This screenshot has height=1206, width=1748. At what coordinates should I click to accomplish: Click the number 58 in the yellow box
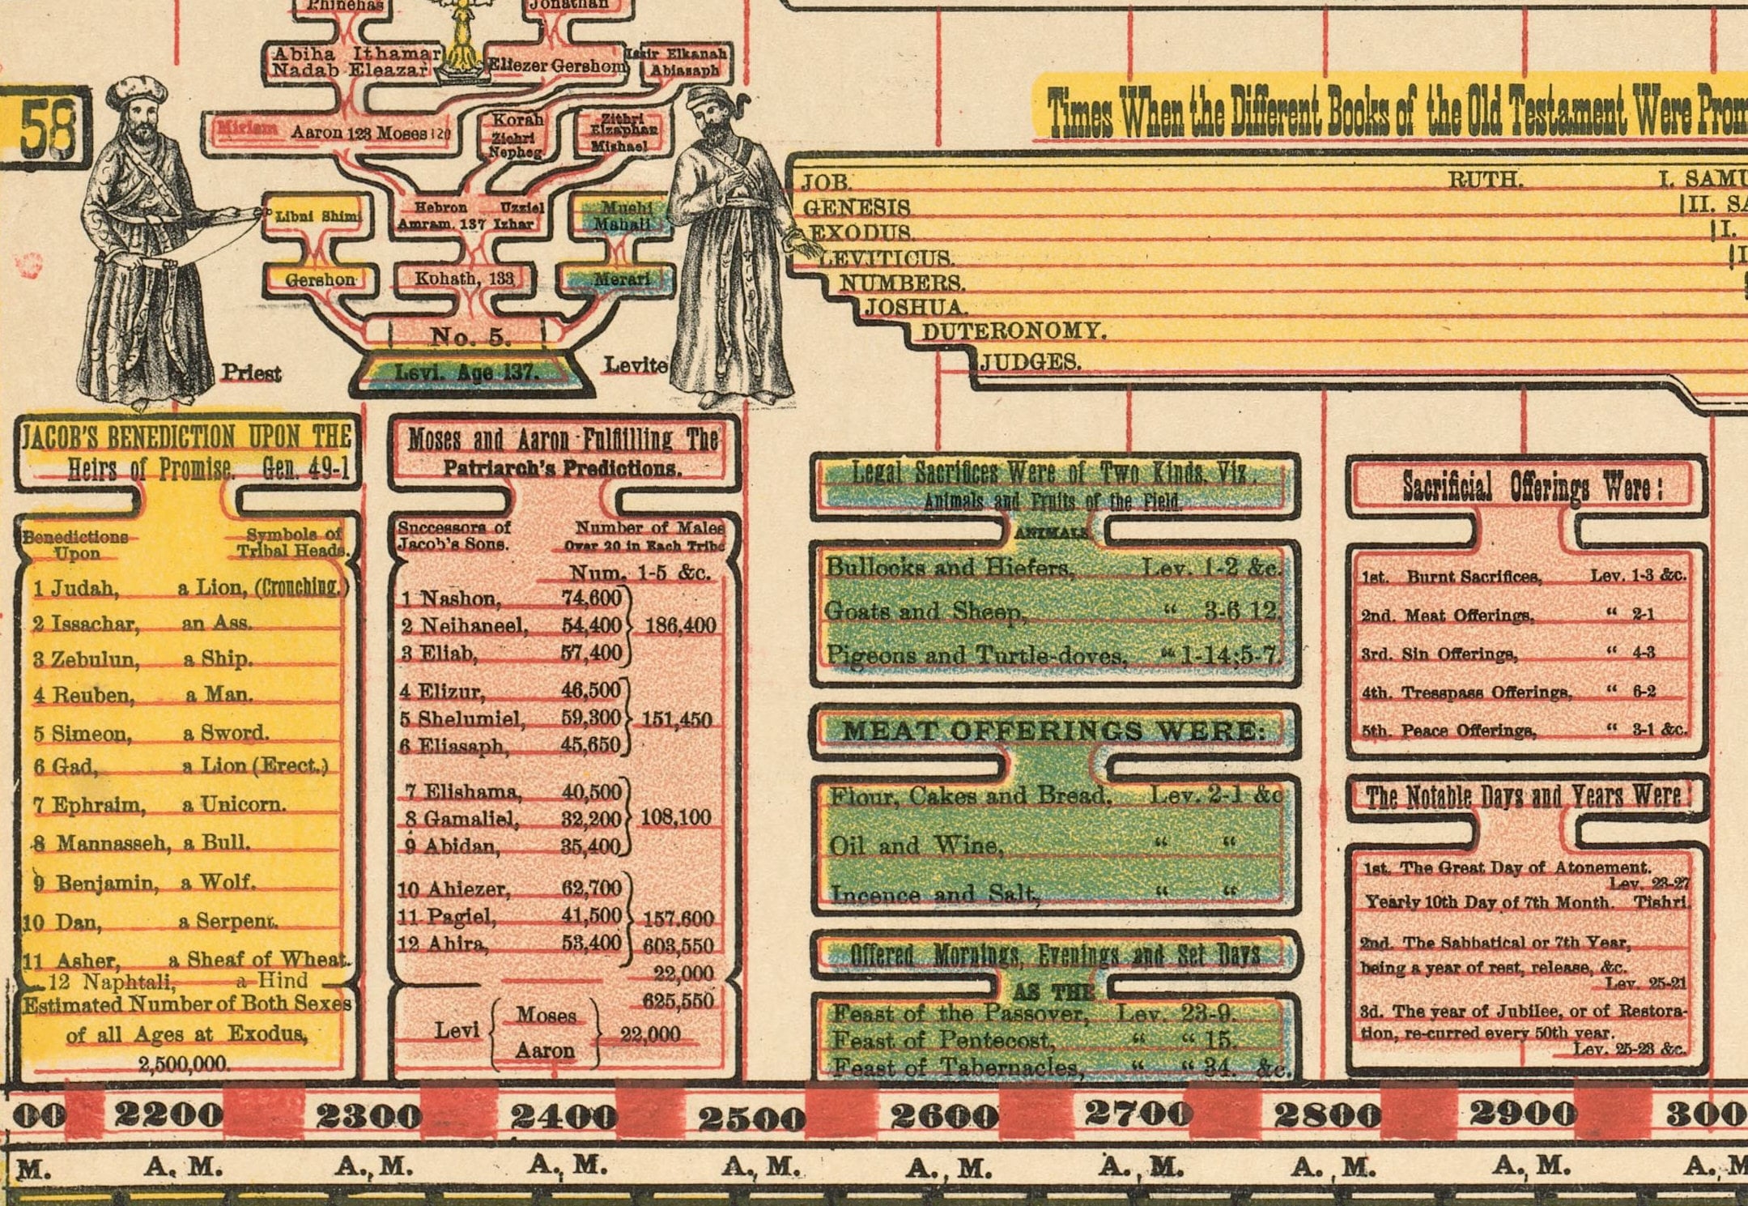(x=47, y=130)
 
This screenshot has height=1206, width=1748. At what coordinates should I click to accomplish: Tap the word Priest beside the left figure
(x=251, y=373)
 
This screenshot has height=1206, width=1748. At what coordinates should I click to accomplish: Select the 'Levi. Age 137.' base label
(x=466, y=373)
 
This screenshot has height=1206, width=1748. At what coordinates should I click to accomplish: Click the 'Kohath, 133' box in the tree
(x=464, y=279)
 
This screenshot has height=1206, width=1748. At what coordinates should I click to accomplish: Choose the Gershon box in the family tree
(x=320, y=279)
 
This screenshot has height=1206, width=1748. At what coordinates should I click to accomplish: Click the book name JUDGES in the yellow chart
(x=1031, y=362)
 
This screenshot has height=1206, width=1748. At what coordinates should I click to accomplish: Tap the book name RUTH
(x=1485, y=180)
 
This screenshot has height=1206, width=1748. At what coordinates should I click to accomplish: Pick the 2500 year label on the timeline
(x=751, y=1119)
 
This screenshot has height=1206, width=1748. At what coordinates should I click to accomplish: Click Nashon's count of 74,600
(x=591, y=598)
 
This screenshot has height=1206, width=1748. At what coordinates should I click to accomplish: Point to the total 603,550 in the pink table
(x=678, y=946)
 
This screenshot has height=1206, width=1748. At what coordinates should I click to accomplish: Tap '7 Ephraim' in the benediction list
(x=91, y=805)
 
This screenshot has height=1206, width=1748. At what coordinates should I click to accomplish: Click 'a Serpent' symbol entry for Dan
(x=228, y=921)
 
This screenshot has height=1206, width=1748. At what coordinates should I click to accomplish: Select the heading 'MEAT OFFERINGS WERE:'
(x=1053, y=731)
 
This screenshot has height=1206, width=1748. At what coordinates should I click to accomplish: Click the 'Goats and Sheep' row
(x=923, y=611)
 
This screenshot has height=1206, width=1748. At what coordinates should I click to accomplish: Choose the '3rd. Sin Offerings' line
(x=1440, y=654)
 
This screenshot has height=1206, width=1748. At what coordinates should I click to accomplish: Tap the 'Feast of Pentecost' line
(x=943, y=1040)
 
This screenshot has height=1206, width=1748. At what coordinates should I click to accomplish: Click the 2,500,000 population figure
(x=184, y=1063)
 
